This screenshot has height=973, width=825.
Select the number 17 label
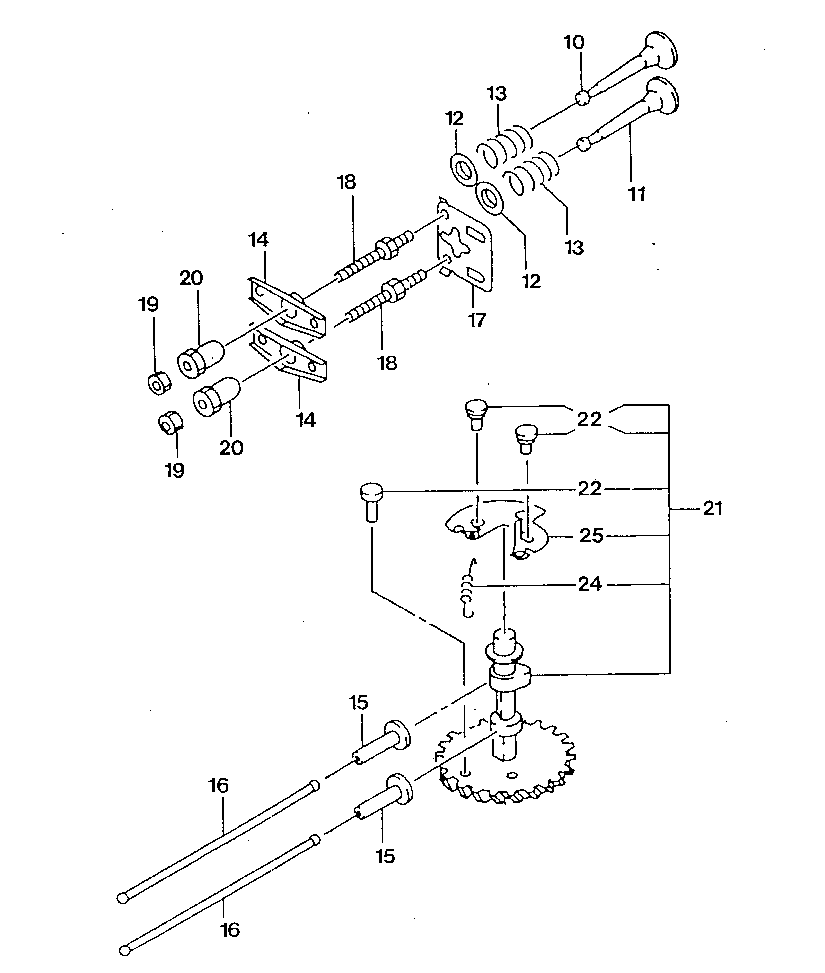(477, 321)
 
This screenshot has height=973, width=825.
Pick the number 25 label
(591, 536)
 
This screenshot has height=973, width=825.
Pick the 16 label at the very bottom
(230, 930)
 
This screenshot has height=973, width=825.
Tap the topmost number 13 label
(497, 94)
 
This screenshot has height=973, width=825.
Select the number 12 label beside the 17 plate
(531, 281)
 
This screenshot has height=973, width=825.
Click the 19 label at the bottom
(175, 470)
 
